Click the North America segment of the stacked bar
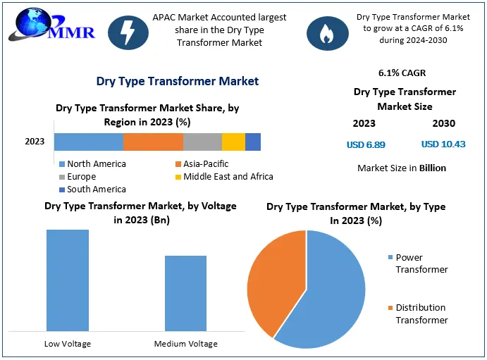tap(88, 142)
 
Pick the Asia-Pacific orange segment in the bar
tap(153, 142)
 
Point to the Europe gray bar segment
tap(202, 142)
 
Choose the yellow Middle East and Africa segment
tap(233, 142)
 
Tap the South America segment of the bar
tap(253, 142)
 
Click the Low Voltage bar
tap(68, 280)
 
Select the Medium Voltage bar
tap(185, 292)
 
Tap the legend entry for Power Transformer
tap(421, 263)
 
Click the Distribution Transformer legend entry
tap(421, 314)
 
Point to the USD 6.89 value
tap(366, 144)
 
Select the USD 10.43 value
tap(443, 144)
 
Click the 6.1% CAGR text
tap(402, 73)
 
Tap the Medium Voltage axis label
tap(186, 344)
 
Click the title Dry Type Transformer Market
tap(177, 81)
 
